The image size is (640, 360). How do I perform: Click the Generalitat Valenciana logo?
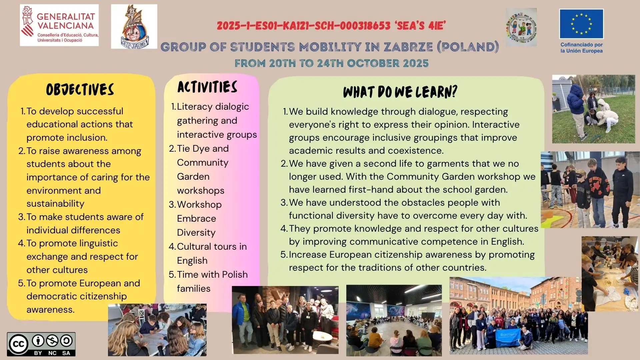[59, 25]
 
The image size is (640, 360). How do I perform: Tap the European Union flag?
[581, 24]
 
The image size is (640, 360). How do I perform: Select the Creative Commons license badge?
[41, 344]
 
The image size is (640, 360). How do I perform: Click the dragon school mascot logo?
[134, 26]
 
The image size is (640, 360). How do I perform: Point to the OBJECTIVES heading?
[80, 90]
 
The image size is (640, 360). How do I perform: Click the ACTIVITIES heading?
[207, 87]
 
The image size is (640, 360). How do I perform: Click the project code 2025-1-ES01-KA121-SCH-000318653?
[304, 26]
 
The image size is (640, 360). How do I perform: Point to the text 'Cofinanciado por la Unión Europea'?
[582, 48]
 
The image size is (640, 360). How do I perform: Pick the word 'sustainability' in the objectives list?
[55, 203]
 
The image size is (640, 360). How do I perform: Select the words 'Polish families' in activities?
[212, 281]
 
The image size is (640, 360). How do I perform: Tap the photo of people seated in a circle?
[394, 320]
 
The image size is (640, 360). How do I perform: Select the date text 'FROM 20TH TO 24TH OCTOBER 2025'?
[332, 63]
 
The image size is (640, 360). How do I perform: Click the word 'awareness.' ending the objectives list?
[51, 309]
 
